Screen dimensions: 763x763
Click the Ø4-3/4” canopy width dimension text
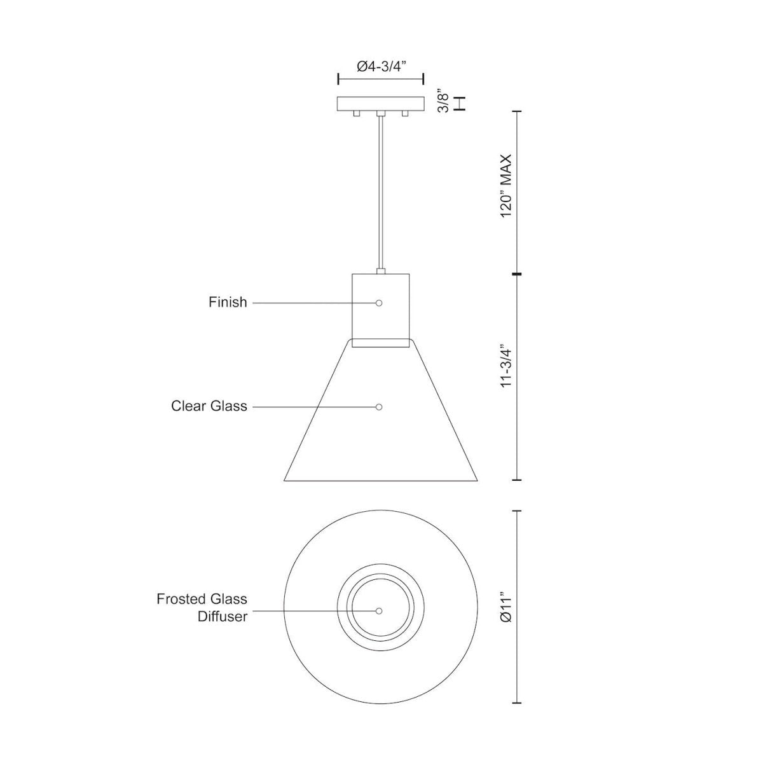[380, 65]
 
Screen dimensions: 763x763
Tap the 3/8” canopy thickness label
[444, 103]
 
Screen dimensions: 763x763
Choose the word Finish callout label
[228, 303]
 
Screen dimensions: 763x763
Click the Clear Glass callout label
[209, 406]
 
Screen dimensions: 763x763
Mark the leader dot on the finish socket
[379, 303]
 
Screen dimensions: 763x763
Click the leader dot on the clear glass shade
[379, 407]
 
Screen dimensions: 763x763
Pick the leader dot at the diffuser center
[379, 611]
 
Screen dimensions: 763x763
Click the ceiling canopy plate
[380, 104]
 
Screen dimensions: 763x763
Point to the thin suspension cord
[380, 191]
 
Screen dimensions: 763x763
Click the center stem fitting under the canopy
[380, 114]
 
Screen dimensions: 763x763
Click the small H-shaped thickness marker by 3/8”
[462, 103]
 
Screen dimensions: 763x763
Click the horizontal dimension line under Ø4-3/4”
[380, 79]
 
